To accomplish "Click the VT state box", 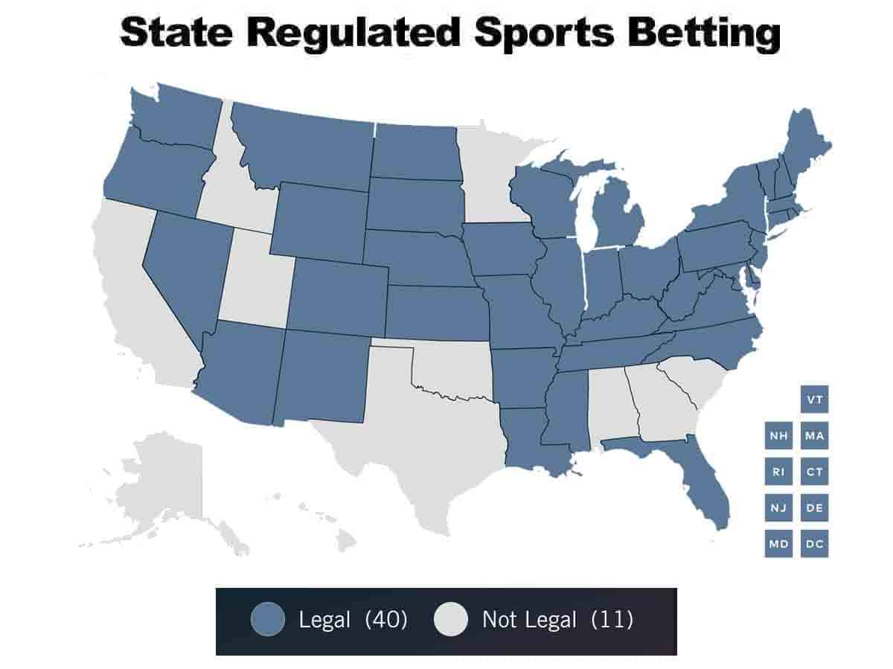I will point(815,400).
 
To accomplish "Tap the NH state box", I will point(778,436).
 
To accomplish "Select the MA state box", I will point(815,436).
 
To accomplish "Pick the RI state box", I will point(778,472).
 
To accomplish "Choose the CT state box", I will point(815,472).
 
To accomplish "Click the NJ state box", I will point(778,508).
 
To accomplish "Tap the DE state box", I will point(815,508).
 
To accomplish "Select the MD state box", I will point(778,544).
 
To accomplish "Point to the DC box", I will point(815,544).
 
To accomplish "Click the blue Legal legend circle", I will point(268,619).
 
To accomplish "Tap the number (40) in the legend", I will point(385,619).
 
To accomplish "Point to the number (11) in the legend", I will point(612,619).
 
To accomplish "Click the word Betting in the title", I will point(696,33).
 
